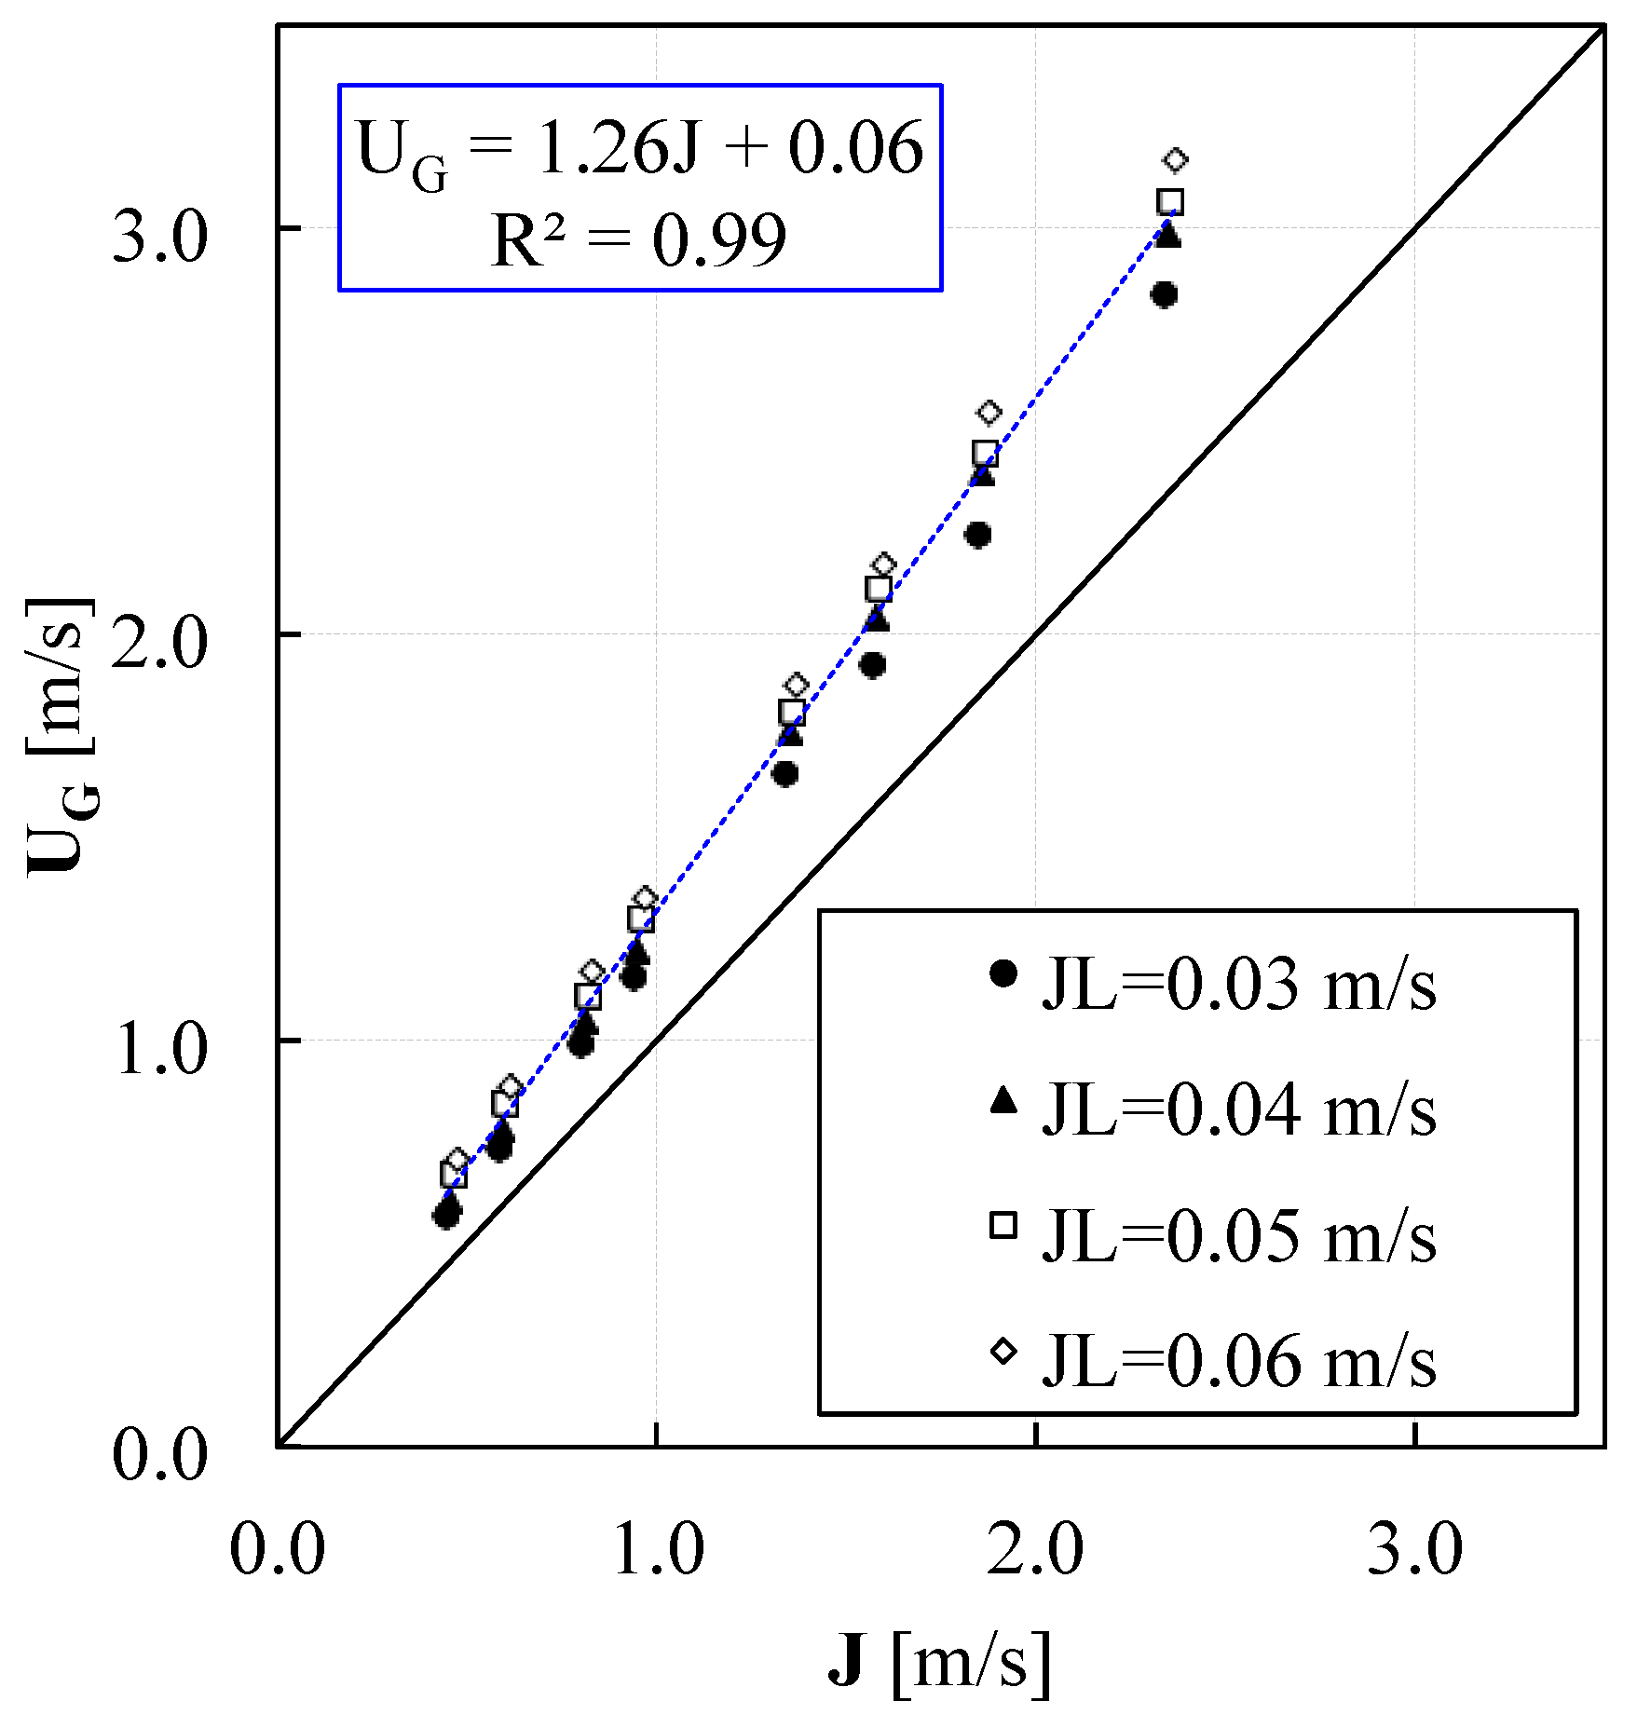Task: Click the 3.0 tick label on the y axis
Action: (x=159, y=238)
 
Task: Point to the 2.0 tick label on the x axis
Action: (x=1035, y=1551)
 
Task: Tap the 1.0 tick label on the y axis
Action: (x=159, y=1050)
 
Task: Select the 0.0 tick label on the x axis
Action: (x=278, y=1551)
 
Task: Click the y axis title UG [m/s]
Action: (x=63, y=736)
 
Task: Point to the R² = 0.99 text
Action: (x=639, y=240)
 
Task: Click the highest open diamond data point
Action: (x=1176, y=160)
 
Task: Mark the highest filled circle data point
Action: (x=1164, y=295)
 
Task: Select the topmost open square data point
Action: (x=1170, y=201)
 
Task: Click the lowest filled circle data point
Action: (x=446, y=1215)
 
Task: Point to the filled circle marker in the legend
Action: (x=1003, y=974)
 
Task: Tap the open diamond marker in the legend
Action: (x=1003, y=1351)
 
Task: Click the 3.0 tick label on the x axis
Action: (x=1414, y=1551)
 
